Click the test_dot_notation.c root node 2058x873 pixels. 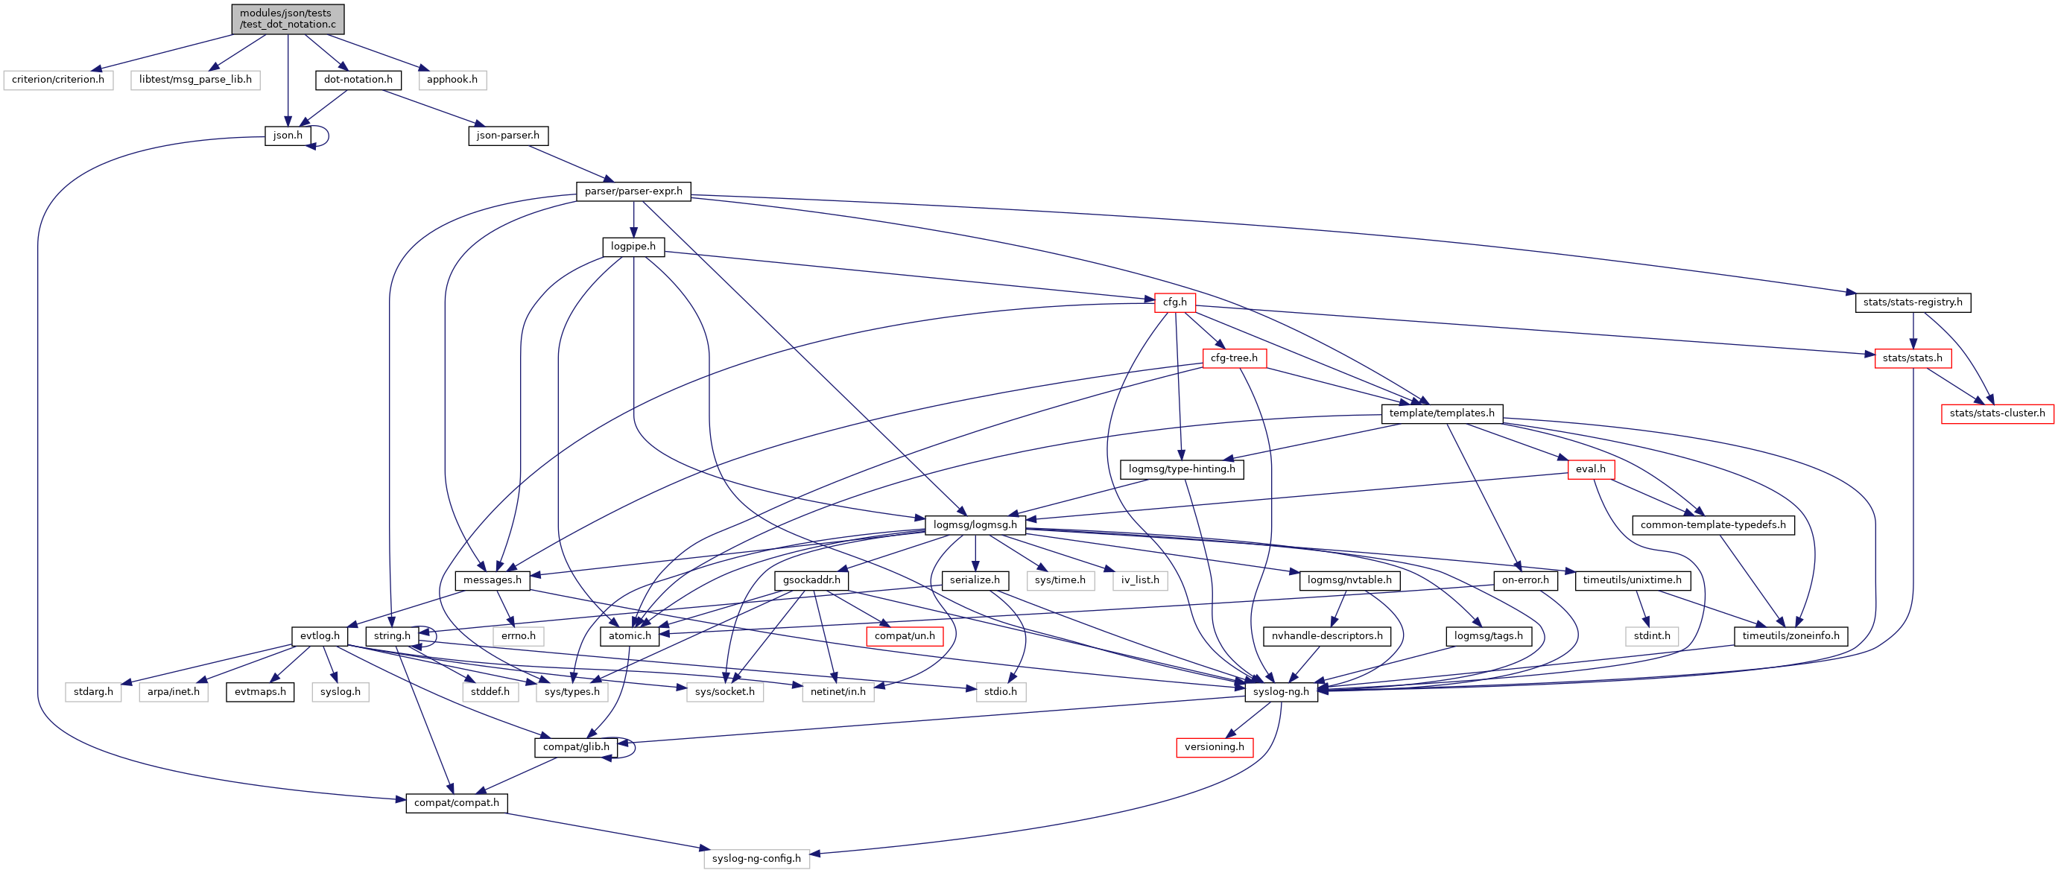coord(288,19)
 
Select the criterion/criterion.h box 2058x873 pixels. coord(58,80)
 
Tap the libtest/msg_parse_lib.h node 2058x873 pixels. coord(195,80)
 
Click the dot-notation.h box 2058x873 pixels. coord(358,80)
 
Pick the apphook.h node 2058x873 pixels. coord(452,80)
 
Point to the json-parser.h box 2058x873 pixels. coord(507,136)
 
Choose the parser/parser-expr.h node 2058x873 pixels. coord(633,191)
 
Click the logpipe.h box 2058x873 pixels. coord(633,247)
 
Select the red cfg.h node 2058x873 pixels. coord(1174,302)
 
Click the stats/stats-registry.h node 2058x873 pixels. coord(1912,302)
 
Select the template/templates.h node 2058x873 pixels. coord(1441,413)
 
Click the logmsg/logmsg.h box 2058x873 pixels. coord(975,524)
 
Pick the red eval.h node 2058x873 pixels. coord(1590,469)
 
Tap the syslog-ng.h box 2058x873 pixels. coord(1281,692)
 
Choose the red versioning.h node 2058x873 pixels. coord(1214,748)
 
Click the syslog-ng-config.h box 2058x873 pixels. coord(756,859)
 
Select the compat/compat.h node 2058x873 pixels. coord(456,803)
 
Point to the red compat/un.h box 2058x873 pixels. coord(905,637)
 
